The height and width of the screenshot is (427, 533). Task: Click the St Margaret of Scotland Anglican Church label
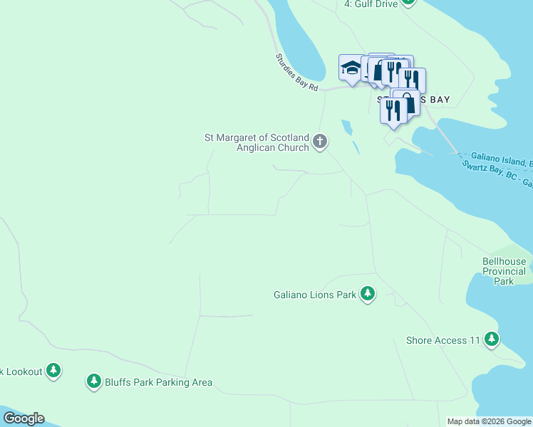click(257, 142)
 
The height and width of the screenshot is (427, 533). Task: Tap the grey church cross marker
click(320, 142)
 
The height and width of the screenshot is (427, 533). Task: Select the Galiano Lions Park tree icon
click(368, 293)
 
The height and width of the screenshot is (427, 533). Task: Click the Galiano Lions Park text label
click(315, 294)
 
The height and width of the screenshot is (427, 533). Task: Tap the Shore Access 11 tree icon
click(492, 339)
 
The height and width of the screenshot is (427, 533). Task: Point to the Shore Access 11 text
click(443, 340)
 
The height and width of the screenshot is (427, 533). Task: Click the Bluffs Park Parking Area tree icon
click(93, 381)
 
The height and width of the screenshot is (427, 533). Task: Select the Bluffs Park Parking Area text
click(159, 382)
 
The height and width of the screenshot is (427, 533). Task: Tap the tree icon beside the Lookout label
click(53, 370)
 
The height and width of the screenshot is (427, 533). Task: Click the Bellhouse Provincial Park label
click(504, 271)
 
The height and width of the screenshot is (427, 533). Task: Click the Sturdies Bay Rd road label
click(296, 72)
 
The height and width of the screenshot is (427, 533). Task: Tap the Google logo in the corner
click(24, 418)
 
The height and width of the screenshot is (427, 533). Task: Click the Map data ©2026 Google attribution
click(489, 421)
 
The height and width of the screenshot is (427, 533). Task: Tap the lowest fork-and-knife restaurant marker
click(393, 111)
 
